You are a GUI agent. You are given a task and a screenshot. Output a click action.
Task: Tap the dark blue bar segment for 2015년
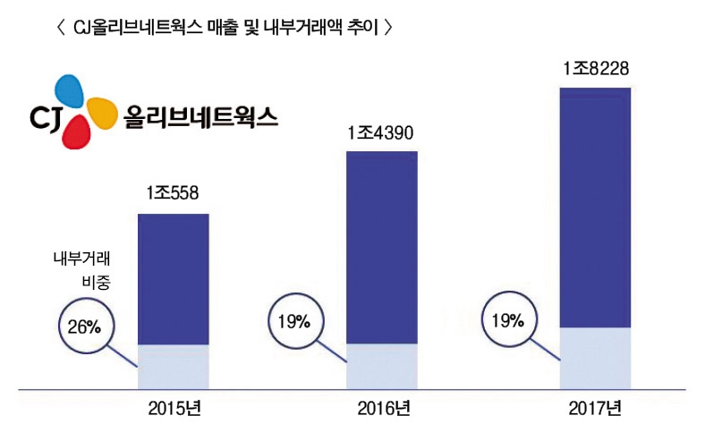(x=173, y=279)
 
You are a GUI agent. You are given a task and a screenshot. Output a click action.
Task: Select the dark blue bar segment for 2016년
(x=382, y=248)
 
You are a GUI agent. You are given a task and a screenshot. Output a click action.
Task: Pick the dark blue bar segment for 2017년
(x=595, y=208)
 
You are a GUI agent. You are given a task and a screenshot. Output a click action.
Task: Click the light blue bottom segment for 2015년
(x=173, y=367)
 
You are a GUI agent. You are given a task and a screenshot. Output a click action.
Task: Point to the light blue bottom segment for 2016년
(x=382, y=367)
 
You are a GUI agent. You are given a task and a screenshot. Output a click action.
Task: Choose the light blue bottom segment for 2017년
(x=595, y=359)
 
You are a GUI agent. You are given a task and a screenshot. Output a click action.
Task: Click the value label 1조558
(x=173, y=192)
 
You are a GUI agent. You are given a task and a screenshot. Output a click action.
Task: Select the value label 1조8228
(x=595, y=69)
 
